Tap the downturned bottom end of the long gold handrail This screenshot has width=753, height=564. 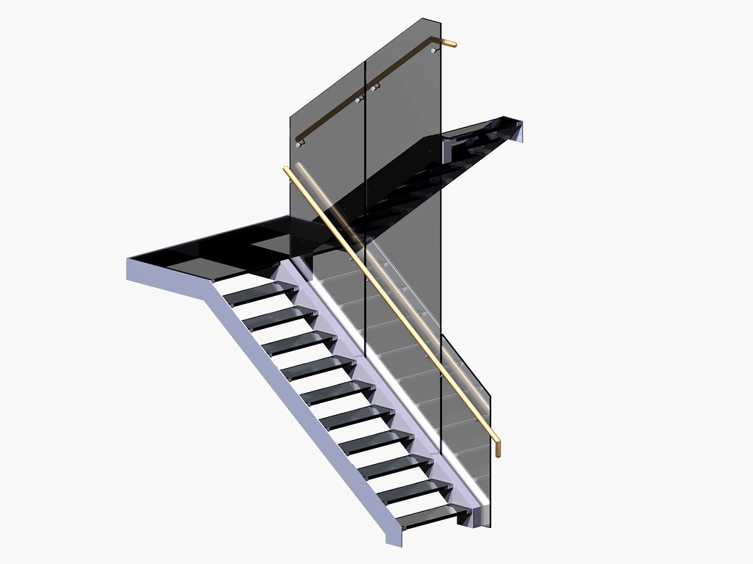[x=498, y=449]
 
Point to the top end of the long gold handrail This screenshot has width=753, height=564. [x=287, y=170]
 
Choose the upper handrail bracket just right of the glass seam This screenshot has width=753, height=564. [x=375, y=89]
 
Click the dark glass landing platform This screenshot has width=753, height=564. [x=221, y=246]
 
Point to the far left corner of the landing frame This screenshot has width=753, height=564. [x=129, y=258]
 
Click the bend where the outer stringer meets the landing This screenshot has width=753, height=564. [x=207, y=288]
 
